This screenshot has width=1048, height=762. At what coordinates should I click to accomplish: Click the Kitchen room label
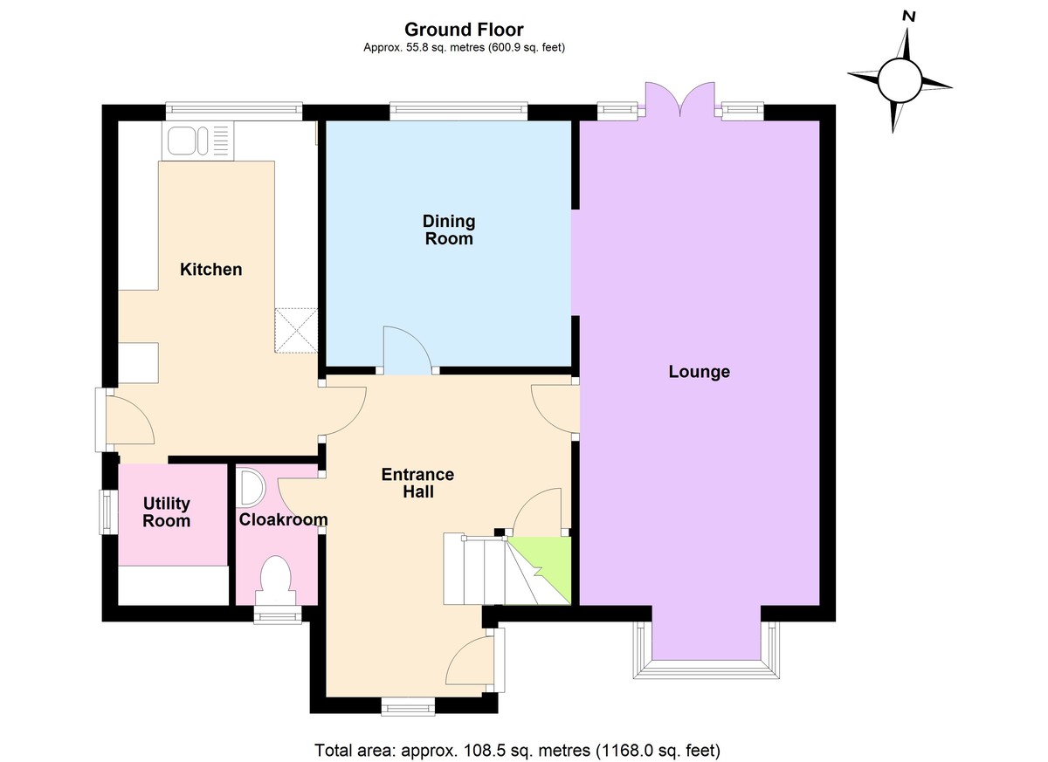[210, 270]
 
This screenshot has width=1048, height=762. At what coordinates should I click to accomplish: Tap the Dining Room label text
[448, 230]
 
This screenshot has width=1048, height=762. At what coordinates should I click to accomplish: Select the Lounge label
[699, 372]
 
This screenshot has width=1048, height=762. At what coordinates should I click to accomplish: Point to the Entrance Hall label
[417, 483]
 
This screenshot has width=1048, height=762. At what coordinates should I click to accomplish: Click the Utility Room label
[166, 512]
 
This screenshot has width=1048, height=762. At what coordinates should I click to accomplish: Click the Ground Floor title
[464, 31]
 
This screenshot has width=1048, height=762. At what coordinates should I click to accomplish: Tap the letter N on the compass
[909, 16]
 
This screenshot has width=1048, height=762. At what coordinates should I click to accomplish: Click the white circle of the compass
[900, 81]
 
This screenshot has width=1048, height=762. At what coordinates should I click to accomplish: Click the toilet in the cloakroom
[277, 580]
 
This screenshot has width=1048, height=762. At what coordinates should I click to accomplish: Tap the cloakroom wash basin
[250, 487]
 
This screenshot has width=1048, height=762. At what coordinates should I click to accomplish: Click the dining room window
[458, 109]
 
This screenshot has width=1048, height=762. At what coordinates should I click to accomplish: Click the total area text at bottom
[517, 750]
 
